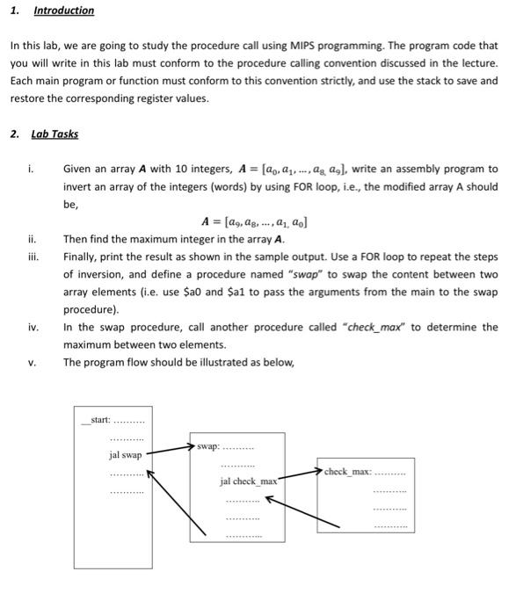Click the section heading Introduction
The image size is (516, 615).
[x=63, y=11]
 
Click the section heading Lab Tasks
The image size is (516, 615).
[x=55, y=134]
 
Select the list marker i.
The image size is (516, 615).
[x=32, y=169]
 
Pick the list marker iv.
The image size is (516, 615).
[x=33, y=328]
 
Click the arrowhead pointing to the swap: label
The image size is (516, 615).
[x=191, y=446]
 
